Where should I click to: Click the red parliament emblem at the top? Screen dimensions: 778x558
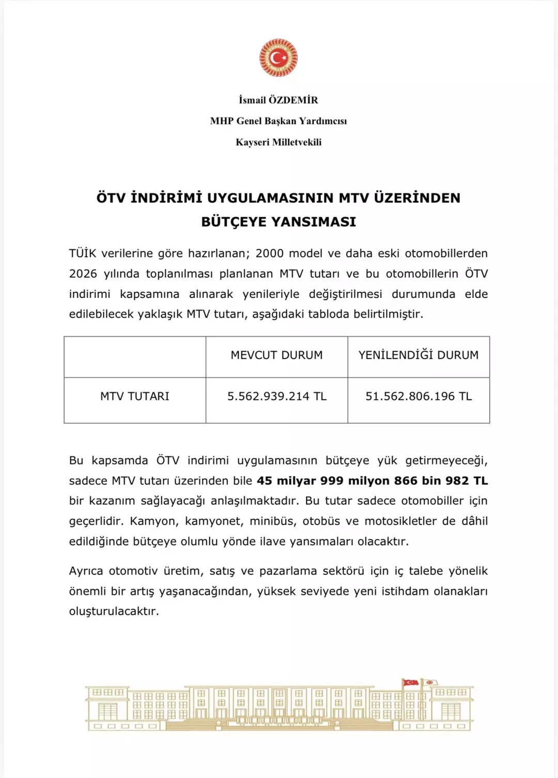pyautogui.click(x=278, y=58)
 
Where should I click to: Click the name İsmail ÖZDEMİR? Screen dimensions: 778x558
pyautogui.click(x=278, y=100)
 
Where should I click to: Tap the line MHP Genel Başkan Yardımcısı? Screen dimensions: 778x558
pyautogui.click(x=278, y=121)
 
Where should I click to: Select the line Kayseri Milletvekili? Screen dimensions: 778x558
pyautogui.click(x=278, y=142)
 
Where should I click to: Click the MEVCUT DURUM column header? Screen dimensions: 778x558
pyautogui.click(x=276, y=355)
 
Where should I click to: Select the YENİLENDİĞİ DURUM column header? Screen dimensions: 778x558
pyautogui.click(x=419, y=355)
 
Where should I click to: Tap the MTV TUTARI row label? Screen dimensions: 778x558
pyautogui.click(x=135, y=396)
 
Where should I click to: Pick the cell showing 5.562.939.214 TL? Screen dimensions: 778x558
pyautogui.click(x=277, y=396)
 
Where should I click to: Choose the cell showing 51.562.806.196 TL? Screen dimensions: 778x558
pyautogui.click(x=419, y=396)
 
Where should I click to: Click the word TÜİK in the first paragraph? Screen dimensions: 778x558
pyautogui.click(x=83, y=253)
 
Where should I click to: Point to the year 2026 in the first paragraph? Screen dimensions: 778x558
pyautogui.click(x=83, y=274)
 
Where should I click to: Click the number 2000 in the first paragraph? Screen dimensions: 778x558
pyautogui.click(x=270, y=253)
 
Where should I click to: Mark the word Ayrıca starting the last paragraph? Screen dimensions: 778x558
pyautogui.click(x=85, y=571)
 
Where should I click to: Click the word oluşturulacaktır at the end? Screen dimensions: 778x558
pyautogui.click(x=114, y=611)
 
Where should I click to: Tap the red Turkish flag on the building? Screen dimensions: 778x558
pyautogui.click(x=411, y=683)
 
